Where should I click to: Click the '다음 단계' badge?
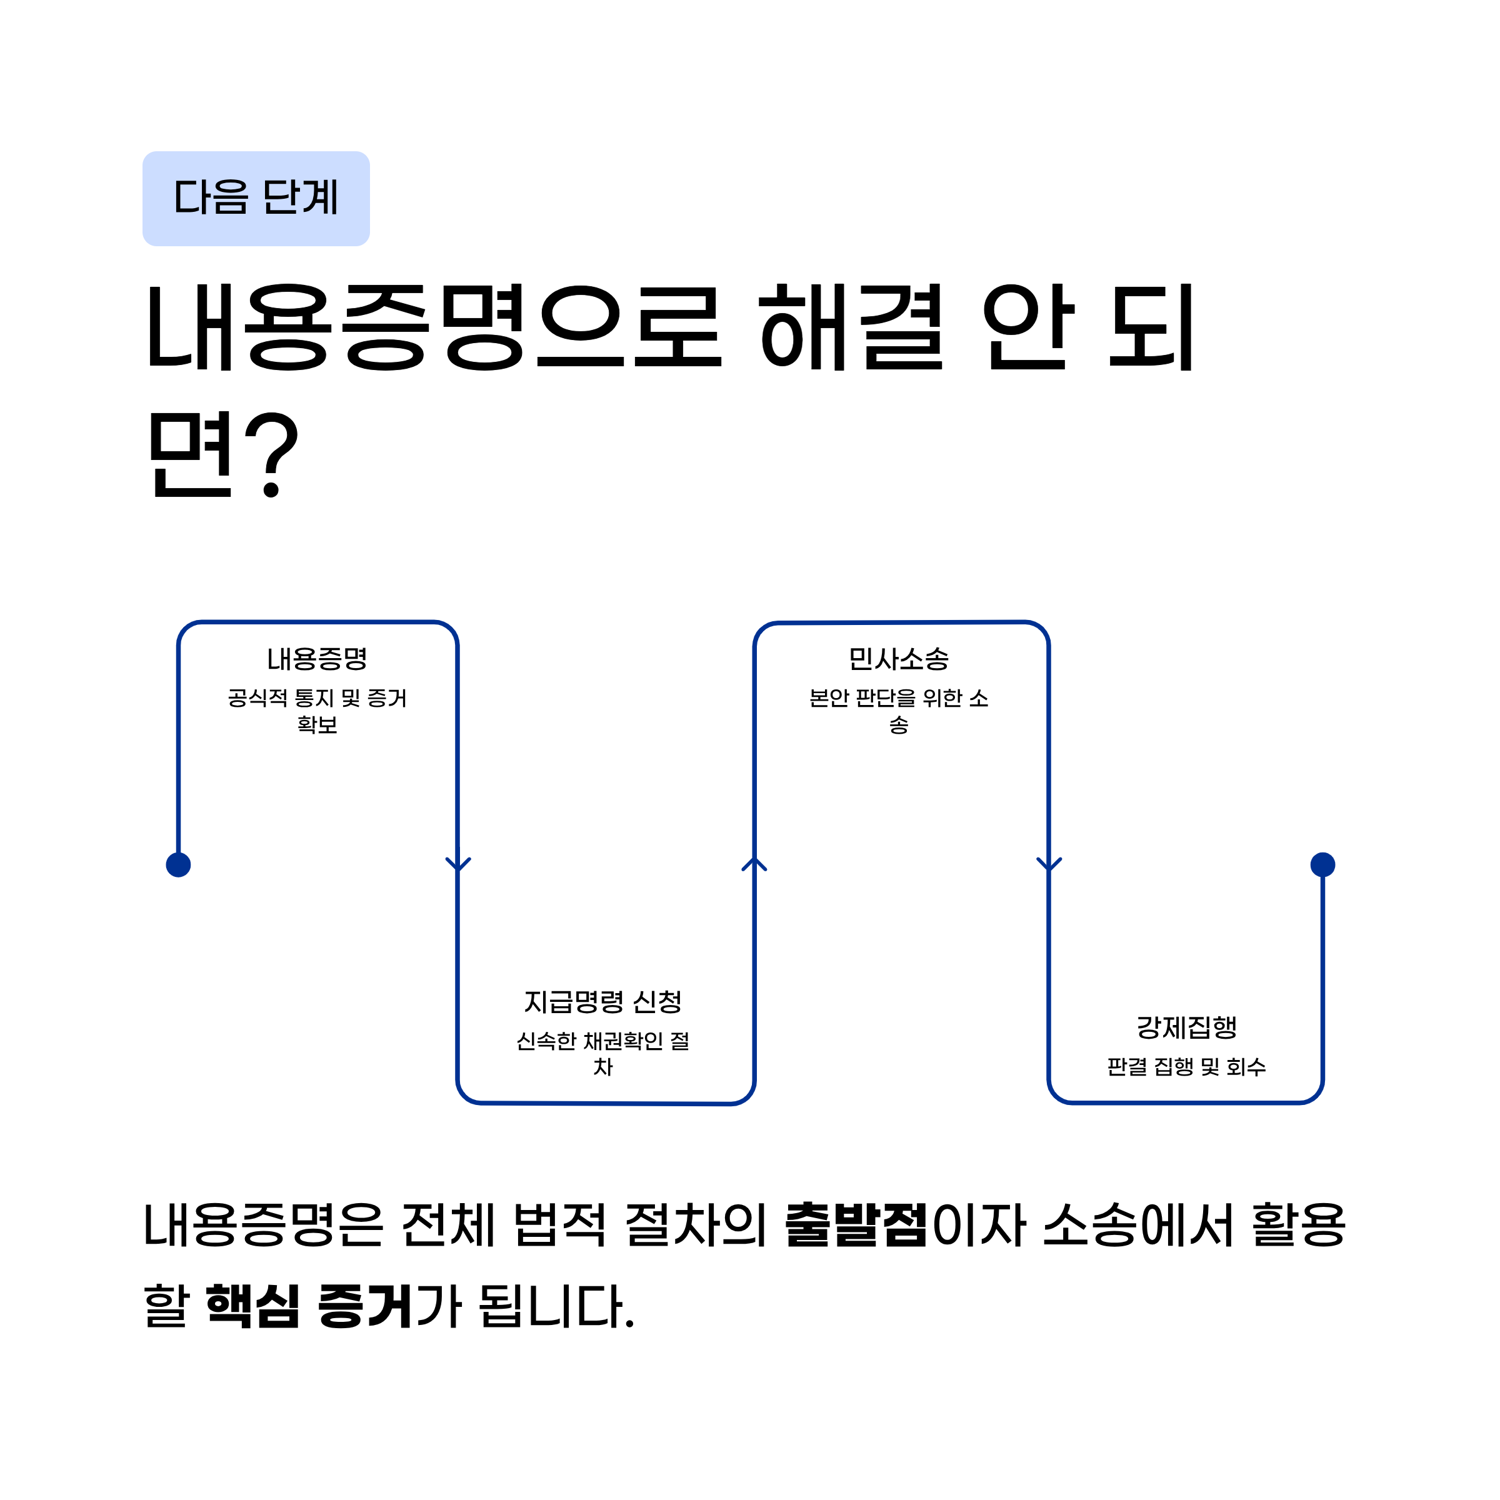tap(256, 198)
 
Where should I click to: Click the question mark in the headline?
tap(270, 454)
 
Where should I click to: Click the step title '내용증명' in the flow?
tap(317, 659)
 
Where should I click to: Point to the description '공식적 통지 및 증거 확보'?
tap(317, 711)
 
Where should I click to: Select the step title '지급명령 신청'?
tap(603, 1001)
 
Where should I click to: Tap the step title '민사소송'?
tap(898, 659)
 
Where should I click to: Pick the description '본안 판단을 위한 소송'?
tap(898, 711)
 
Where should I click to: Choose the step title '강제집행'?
tap(1186, 1027)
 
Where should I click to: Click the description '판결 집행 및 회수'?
tap(1186, 1067)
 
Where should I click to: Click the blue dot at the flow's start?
tap(179, 864)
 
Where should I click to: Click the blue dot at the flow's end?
tap(1323, 864)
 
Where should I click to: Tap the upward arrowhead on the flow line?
tap(754, 863)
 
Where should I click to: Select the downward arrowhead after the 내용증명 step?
tap(458, 864)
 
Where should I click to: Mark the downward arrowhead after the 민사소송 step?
tap(1049, 864)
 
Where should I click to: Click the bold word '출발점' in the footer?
tap(856, 1226)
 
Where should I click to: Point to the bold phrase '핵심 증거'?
tap(308, 1307)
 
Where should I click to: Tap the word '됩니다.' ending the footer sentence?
tap(557, 1307)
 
